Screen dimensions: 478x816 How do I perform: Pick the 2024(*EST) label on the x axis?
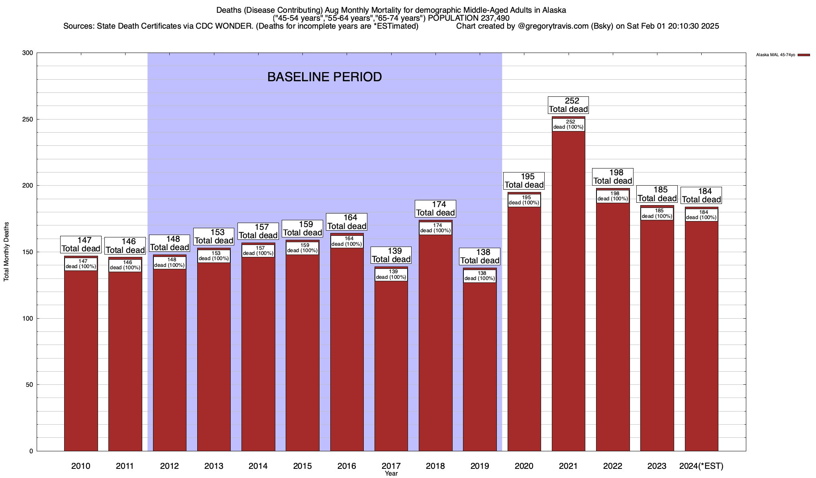coord(701,466)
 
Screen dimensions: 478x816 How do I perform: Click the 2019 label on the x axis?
coord(479,466)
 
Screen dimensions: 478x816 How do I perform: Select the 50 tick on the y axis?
coord(29,385)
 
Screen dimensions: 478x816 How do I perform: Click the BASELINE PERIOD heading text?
coord(324,77)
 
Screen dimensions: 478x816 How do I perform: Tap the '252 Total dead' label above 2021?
coord(568,105)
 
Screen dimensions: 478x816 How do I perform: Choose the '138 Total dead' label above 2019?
coord(479,257)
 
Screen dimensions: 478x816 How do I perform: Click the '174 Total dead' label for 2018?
coord(435,209)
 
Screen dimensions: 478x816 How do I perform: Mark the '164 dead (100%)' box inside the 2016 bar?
coord(347,241)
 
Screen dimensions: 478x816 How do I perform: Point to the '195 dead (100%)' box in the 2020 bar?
coord(524,200)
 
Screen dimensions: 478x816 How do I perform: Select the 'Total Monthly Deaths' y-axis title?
coord(6,252)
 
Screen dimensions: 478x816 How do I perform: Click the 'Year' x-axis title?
coord(391,474)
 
